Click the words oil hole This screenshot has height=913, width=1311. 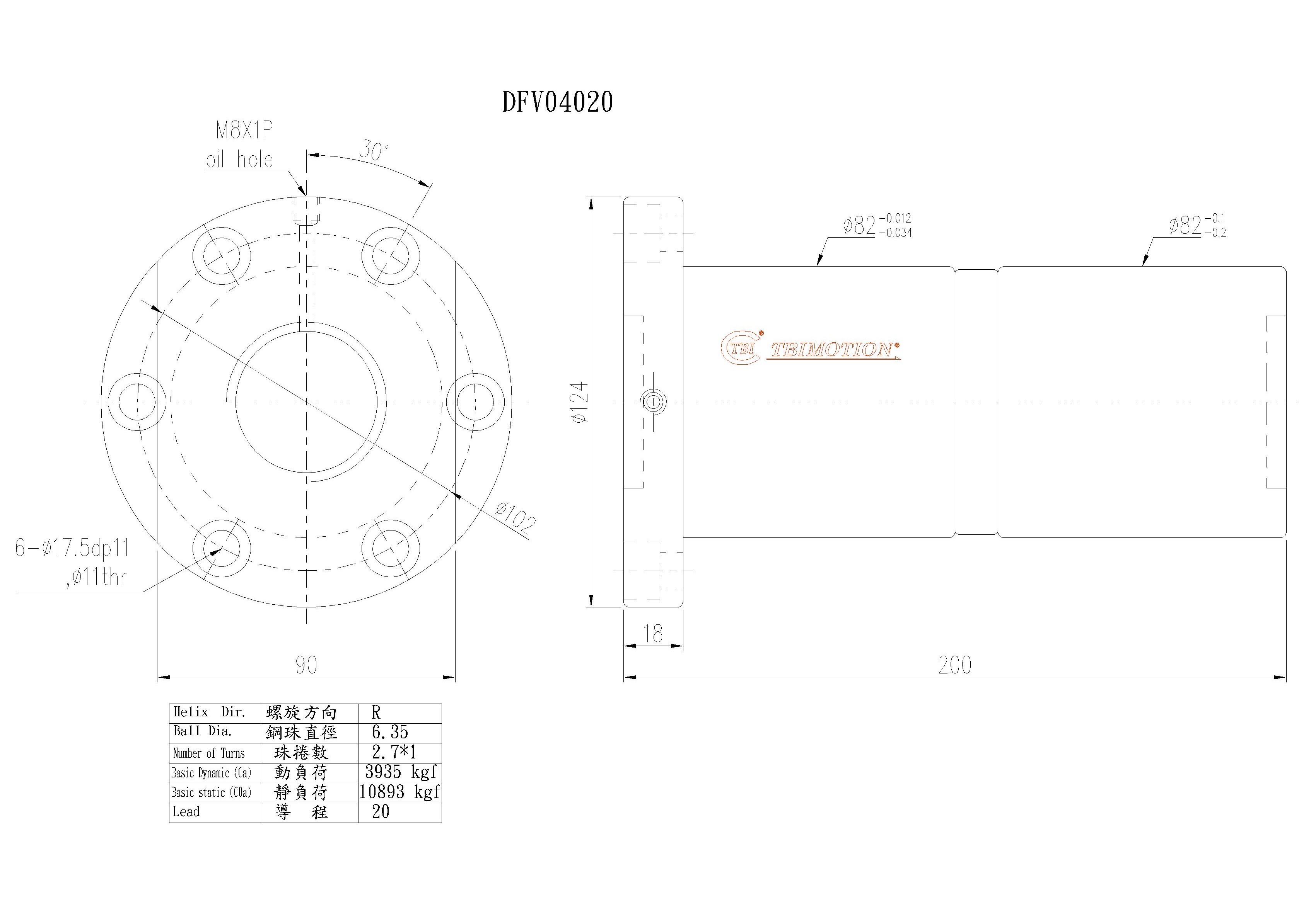pyautogui.click(x=239, y=160)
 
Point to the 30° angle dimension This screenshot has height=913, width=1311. pyautogui.click(x=374, y=151)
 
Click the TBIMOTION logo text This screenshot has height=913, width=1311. pyautogui.click(x=834, y=350)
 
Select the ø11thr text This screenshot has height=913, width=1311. pyautogui.click(x=96, y=578)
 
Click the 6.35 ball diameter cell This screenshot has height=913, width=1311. pyautogui.click(x=389, y=733)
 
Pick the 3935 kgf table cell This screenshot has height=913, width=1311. pyautogui.click(x=400, y=772)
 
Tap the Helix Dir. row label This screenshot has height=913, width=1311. pyautogui.click(x=209, y=712)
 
